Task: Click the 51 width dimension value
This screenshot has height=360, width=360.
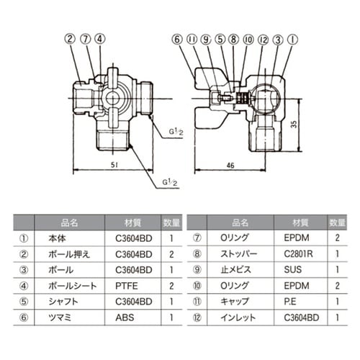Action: click(114, 163)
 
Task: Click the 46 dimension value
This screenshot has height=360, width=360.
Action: click(230, 163)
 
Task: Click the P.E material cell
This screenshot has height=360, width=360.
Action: click(297, 301)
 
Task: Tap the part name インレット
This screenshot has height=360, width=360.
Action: click(235, 316)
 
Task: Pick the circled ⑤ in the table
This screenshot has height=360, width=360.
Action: click(23, 301)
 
